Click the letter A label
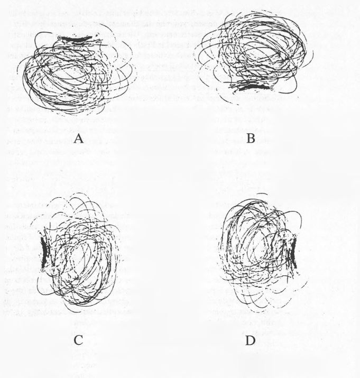click(79, 139)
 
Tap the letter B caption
click(251, 139)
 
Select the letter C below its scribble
click(78, 340)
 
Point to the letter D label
click(250, 340)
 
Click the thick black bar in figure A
click(75, 39)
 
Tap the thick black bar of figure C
click(44, 253)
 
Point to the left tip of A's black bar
click(59, 38)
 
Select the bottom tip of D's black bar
click(296, 268)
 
